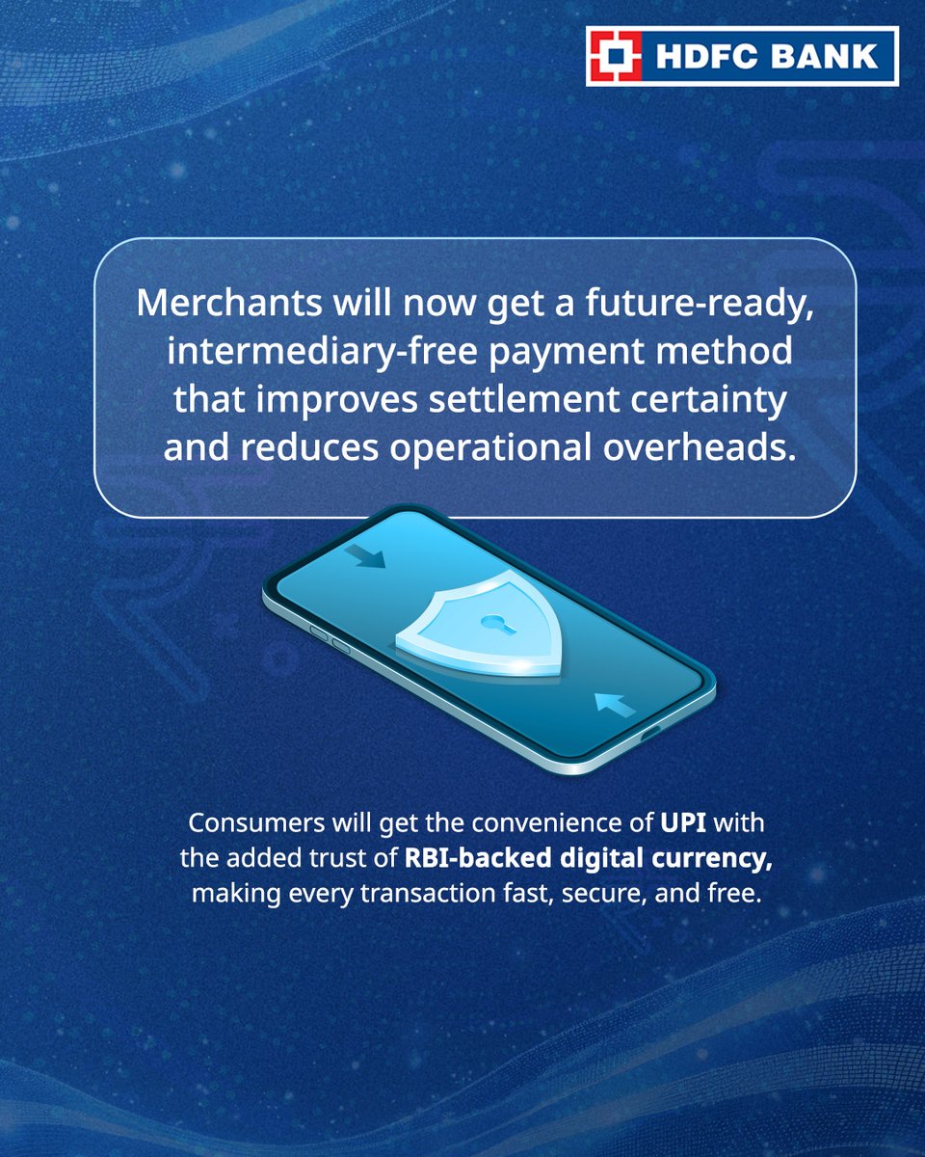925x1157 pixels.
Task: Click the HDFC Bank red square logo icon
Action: [616, 57]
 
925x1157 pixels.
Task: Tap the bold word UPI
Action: [682, 824]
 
